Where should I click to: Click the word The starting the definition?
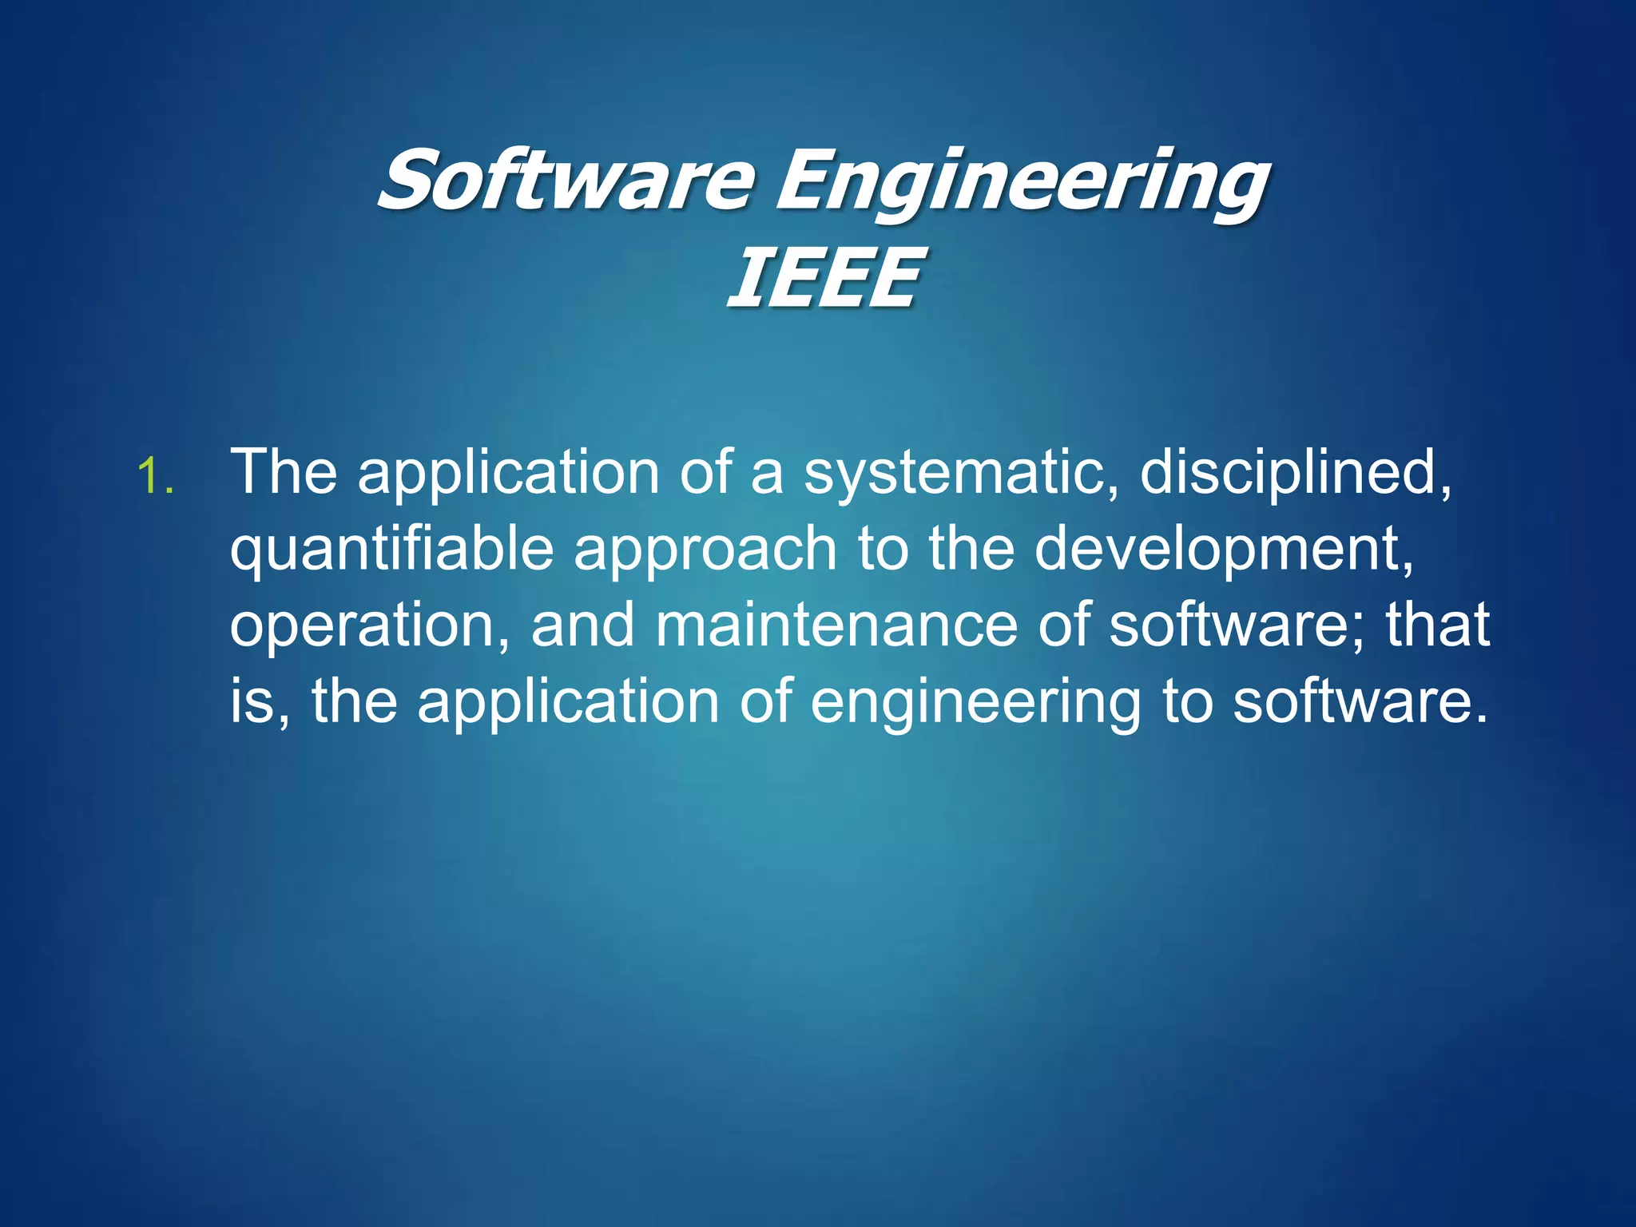[284, 472]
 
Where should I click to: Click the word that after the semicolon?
[1437, 625]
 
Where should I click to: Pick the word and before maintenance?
[583, 625]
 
